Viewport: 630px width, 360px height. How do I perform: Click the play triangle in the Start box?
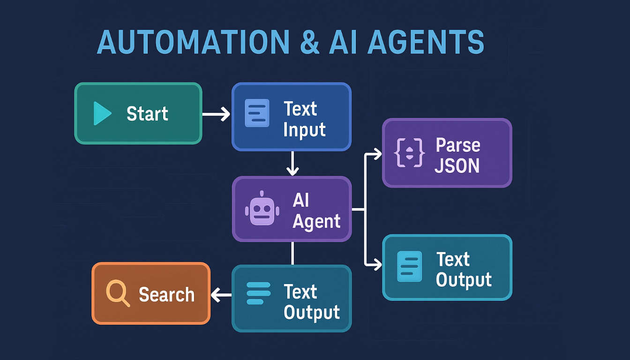pos(102,113)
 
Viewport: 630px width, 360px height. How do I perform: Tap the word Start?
pos(147,114)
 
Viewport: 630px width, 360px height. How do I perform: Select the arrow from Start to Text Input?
pos(217,114)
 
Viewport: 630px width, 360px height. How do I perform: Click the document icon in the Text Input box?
pos(257,113)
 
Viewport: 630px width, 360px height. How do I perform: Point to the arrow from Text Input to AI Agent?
pos(292,164)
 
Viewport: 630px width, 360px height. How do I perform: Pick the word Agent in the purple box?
pos(316,221)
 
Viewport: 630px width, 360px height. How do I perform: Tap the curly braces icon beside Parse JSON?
pos(411,153)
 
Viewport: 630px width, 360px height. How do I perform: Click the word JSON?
pos(457,165)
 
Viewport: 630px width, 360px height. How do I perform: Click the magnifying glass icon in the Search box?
pos(117,293)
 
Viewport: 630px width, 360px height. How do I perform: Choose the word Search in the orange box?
pos(166,294)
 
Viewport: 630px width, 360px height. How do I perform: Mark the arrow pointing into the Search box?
pos(221,295)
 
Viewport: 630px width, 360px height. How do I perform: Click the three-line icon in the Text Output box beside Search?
pos(258,293)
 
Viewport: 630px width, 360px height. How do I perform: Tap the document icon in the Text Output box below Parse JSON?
pos(409,266)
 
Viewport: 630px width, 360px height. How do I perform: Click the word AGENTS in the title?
pos(426,43)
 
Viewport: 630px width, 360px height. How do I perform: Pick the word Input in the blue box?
pos(304,129)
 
